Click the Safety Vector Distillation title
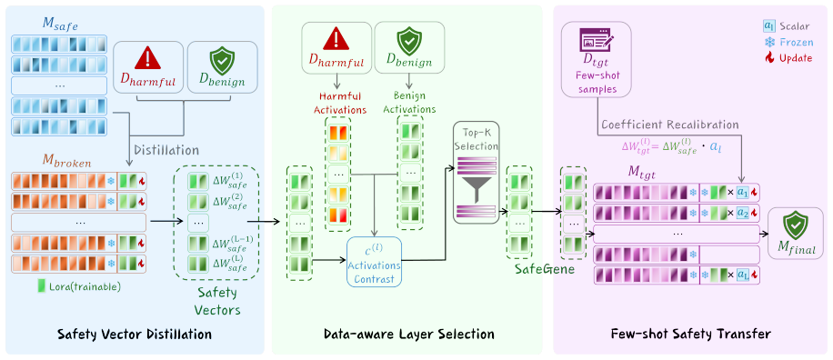(135, 334)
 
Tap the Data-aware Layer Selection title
(409, 334)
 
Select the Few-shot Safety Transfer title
(690, 334)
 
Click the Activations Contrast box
(374, 262)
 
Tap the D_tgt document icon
(596, 42)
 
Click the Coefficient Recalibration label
(670, 125)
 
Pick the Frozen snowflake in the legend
(768, 42)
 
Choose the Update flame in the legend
(768, 58)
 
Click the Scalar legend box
(768, 26)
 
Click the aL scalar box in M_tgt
(742, 275)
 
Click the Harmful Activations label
(340, 103)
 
